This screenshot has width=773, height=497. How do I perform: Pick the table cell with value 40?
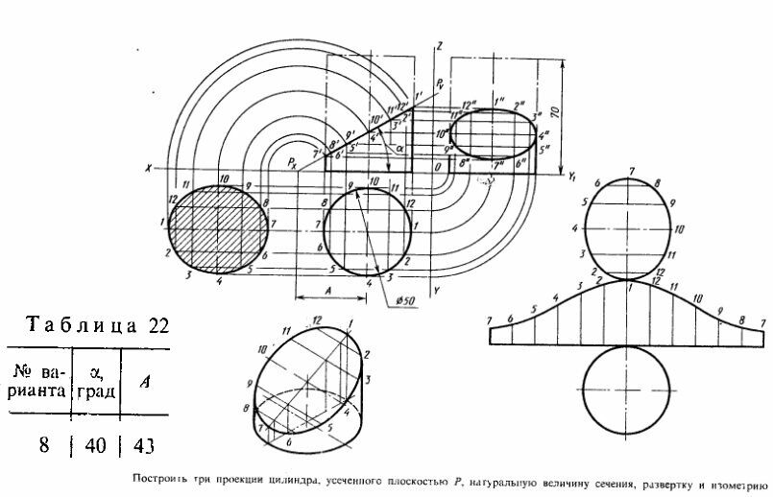(96, 445)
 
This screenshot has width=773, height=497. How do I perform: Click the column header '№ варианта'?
(37, 381)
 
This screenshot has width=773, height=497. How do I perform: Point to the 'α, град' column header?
(96, 381)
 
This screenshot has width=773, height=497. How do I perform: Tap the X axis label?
(149, 169)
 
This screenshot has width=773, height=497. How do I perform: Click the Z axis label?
(438, 45)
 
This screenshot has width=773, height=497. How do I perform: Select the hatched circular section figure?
(216, 230)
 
